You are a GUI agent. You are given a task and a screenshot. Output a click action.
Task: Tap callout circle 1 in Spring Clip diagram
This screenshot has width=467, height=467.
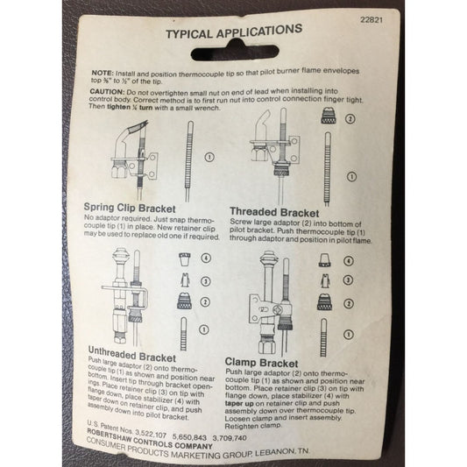(x=209, y=158)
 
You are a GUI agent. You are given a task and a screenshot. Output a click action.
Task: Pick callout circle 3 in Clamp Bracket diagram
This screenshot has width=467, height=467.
(x=350, y=282)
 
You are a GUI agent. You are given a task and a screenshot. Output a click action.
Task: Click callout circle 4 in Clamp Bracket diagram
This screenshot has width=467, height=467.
(x=349, y=260)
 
